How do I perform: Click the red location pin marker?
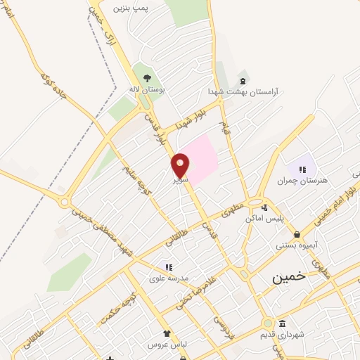pos(181,165)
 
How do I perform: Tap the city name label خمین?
pos(290,277)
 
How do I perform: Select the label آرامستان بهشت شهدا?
pos(243,92)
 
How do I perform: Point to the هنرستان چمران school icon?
pos(302,169)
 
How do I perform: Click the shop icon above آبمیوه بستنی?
pos(297,235)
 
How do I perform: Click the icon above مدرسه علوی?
pos(168,267)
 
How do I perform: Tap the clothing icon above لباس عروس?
pos(166,334)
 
